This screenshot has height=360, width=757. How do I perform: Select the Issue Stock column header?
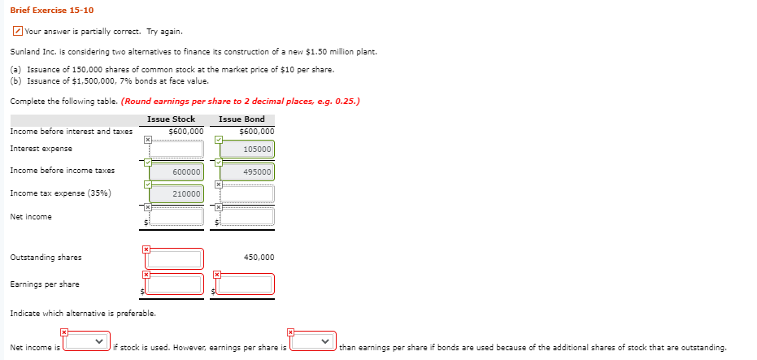point(171,119)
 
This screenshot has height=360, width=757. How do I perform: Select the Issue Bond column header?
point(241,119)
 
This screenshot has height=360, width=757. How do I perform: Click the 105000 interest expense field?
point(246,150)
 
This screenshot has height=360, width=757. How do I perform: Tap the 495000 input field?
point(246,171)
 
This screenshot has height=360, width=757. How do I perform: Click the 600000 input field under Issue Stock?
point(174,171)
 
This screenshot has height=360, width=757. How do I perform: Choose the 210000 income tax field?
point(174,194)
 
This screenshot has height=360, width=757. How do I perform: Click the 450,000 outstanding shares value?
point(259,258)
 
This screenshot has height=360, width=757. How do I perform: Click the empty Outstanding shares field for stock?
point(174,259)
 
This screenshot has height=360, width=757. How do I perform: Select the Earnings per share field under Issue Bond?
point(246,284)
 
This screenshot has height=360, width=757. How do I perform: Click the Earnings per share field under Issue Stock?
point(174,284)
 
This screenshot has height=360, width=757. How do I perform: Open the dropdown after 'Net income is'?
point(87,342)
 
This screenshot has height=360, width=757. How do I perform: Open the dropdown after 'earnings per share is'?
point(313,342)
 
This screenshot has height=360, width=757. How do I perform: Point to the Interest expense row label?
point(41,149)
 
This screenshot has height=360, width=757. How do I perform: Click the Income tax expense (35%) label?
point(60,193)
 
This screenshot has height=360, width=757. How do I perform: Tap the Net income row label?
point(31,217)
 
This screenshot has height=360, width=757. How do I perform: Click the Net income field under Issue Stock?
point(174,217)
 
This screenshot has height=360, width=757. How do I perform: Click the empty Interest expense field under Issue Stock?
point(174,150)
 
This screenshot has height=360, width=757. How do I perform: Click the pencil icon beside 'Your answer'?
point(18,32)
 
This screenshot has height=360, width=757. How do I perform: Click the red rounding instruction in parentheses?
point(240,102)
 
